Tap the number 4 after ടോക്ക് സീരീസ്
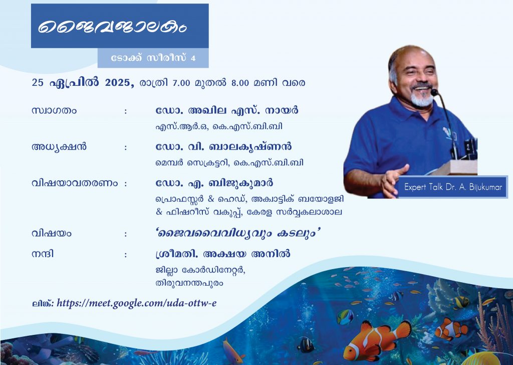point(193,58)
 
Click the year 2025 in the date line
point(118,82)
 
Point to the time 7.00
point(181,83)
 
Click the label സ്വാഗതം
point(54,110)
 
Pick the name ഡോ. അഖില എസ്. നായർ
point(227,110)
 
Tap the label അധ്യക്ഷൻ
point(59,147)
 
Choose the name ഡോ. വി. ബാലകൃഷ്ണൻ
point(224,147)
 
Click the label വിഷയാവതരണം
point(75,183)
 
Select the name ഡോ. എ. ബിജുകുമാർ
point(214,183)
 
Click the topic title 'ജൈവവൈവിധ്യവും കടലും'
point(238,233)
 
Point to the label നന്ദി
point(43,254)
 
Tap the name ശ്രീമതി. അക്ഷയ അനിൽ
point(223,254)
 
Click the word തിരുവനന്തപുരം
point(189,283)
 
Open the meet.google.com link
point(136,303)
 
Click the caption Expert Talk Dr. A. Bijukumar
point(453,187)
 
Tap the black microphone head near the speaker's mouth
point(434,92)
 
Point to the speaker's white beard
point(422,98)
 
